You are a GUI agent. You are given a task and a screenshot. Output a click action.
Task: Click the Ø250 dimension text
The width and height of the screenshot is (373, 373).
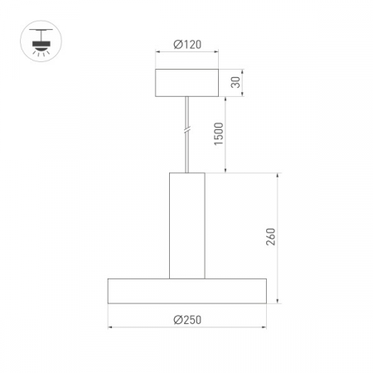(x=186, y=319)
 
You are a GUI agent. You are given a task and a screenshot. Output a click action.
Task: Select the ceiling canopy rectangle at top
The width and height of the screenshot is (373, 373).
(x=186, y=83)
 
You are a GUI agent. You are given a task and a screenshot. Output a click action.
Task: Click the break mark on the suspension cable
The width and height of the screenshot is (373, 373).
(x=187, y=130)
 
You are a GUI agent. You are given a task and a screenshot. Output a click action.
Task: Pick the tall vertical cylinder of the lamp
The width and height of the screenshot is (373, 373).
(x=186, y=225)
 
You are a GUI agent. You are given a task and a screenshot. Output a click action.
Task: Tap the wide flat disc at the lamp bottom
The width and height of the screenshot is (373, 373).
(x=186, y=292)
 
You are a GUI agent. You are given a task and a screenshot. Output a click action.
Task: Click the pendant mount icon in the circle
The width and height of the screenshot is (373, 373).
(x=38, y=40)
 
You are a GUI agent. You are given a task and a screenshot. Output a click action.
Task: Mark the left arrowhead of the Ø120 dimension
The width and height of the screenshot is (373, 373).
(x=158, y=56)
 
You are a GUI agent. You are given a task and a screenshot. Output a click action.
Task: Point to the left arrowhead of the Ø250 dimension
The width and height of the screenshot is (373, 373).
(x=110, y=328)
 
